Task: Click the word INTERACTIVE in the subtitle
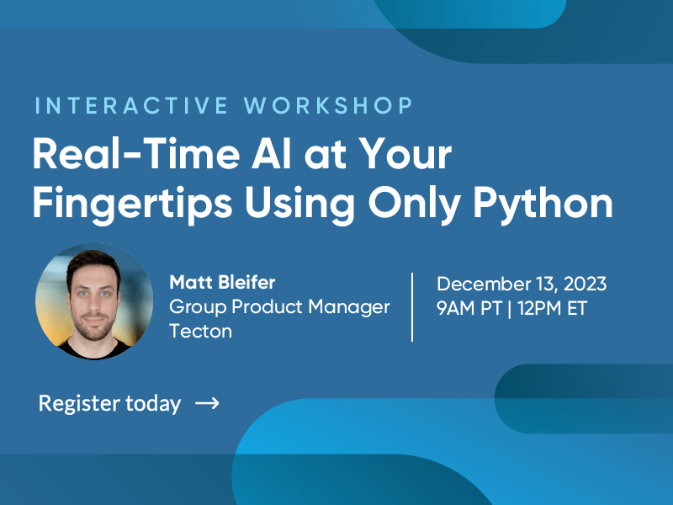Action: click(x=131, y=106)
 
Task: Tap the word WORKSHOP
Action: click(x=328, y=106)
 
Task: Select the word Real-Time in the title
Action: click(x=135, y=154)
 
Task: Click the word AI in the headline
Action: click(x=272, y=154)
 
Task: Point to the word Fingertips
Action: click(x=133, y=205)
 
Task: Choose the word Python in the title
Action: click(x=543, y=205)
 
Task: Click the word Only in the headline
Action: click(x=415, y=205)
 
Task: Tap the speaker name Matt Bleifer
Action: click(x=222, y=282)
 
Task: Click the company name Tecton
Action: click(x=201, y=331)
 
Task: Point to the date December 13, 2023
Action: click(x=522, y=284)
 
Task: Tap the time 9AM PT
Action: click(x=469, y=308)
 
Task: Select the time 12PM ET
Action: click(x=553, y=308)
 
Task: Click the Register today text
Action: click(x=110, y=404)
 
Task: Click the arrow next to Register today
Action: click(x=207, y=403)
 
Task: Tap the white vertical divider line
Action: click(x=412, y=307)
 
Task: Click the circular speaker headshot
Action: click(x=94, y=300)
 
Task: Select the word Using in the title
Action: click(x=300, y=205)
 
